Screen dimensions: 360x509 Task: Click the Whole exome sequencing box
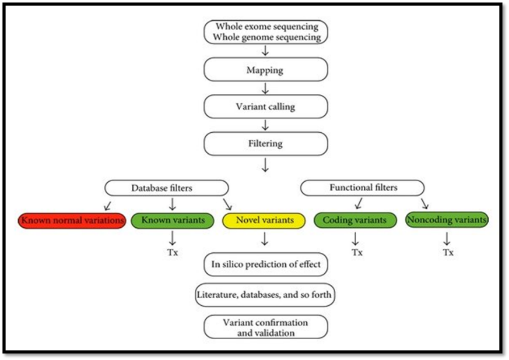point(265,32)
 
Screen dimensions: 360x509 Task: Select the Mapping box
point(265,70)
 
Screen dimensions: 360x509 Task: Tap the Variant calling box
point(265,107)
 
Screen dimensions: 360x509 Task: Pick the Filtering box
point(265,143)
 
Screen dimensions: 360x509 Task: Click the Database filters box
point(167,188)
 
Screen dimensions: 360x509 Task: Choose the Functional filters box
point(363,188)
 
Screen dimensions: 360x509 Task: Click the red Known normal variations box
point(72,221)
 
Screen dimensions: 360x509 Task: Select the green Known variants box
point(173,221)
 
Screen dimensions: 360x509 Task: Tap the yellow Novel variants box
point(265,221)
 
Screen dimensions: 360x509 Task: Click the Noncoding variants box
point(447,221)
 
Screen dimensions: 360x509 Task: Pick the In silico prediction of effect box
point(265,264)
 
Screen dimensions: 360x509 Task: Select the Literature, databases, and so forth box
point(265,295)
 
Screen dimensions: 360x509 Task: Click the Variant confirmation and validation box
point(265,327)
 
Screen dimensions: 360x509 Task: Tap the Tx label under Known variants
point(173,252)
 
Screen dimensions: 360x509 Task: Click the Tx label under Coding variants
point(357,252)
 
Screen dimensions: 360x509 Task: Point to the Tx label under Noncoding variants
point(447,252)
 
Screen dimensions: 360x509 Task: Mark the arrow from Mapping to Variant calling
point(265,88)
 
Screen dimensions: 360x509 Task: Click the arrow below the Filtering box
point(265,166)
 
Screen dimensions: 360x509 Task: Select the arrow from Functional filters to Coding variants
point(358,203)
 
